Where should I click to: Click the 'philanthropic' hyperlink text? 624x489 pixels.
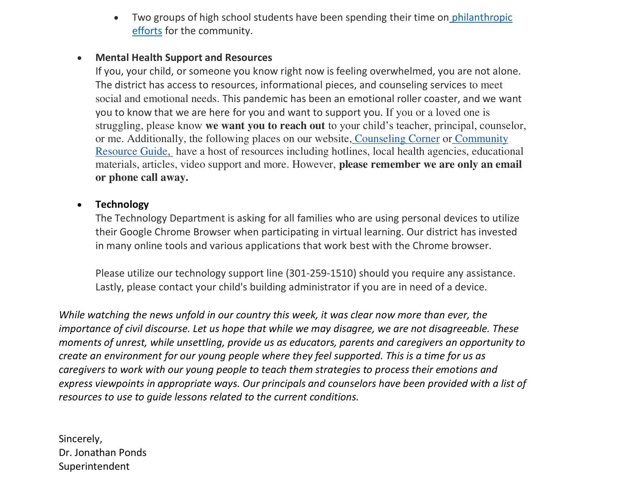pyautogui.click(x=482, y=18)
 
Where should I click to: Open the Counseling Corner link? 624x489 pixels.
pyautogui.click(x=397, y=139)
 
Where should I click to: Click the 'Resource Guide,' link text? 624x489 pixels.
pyautogui.click(x=133, y=152)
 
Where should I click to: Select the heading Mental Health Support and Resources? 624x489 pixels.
pyautogui.click(x=184, y=58)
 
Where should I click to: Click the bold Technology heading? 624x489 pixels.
pyautogui.click(x=122, y=204)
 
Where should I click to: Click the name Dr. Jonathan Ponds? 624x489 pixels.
pyautogui.click(x=102, y=453)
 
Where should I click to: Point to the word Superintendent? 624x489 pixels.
pyautogui.click(x=94, y=467)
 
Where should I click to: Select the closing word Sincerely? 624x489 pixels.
pyautogui.click(x=80, y=439)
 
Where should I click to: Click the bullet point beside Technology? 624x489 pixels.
pyautogui.click(x=80, y=205)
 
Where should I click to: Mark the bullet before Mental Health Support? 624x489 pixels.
pyautogui.click(x=80, y=58)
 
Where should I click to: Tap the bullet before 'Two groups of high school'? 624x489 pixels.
pyautogui.click(x=116, y=18)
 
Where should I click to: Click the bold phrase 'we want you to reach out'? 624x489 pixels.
pyautogui.click(x=265, y=126)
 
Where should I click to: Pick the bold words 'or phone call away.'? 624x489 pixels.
pyautogui.click(x=142, y=178)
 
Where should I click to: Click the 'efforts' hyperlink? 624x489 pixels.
pyautogui.click(x=147, y=31)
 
